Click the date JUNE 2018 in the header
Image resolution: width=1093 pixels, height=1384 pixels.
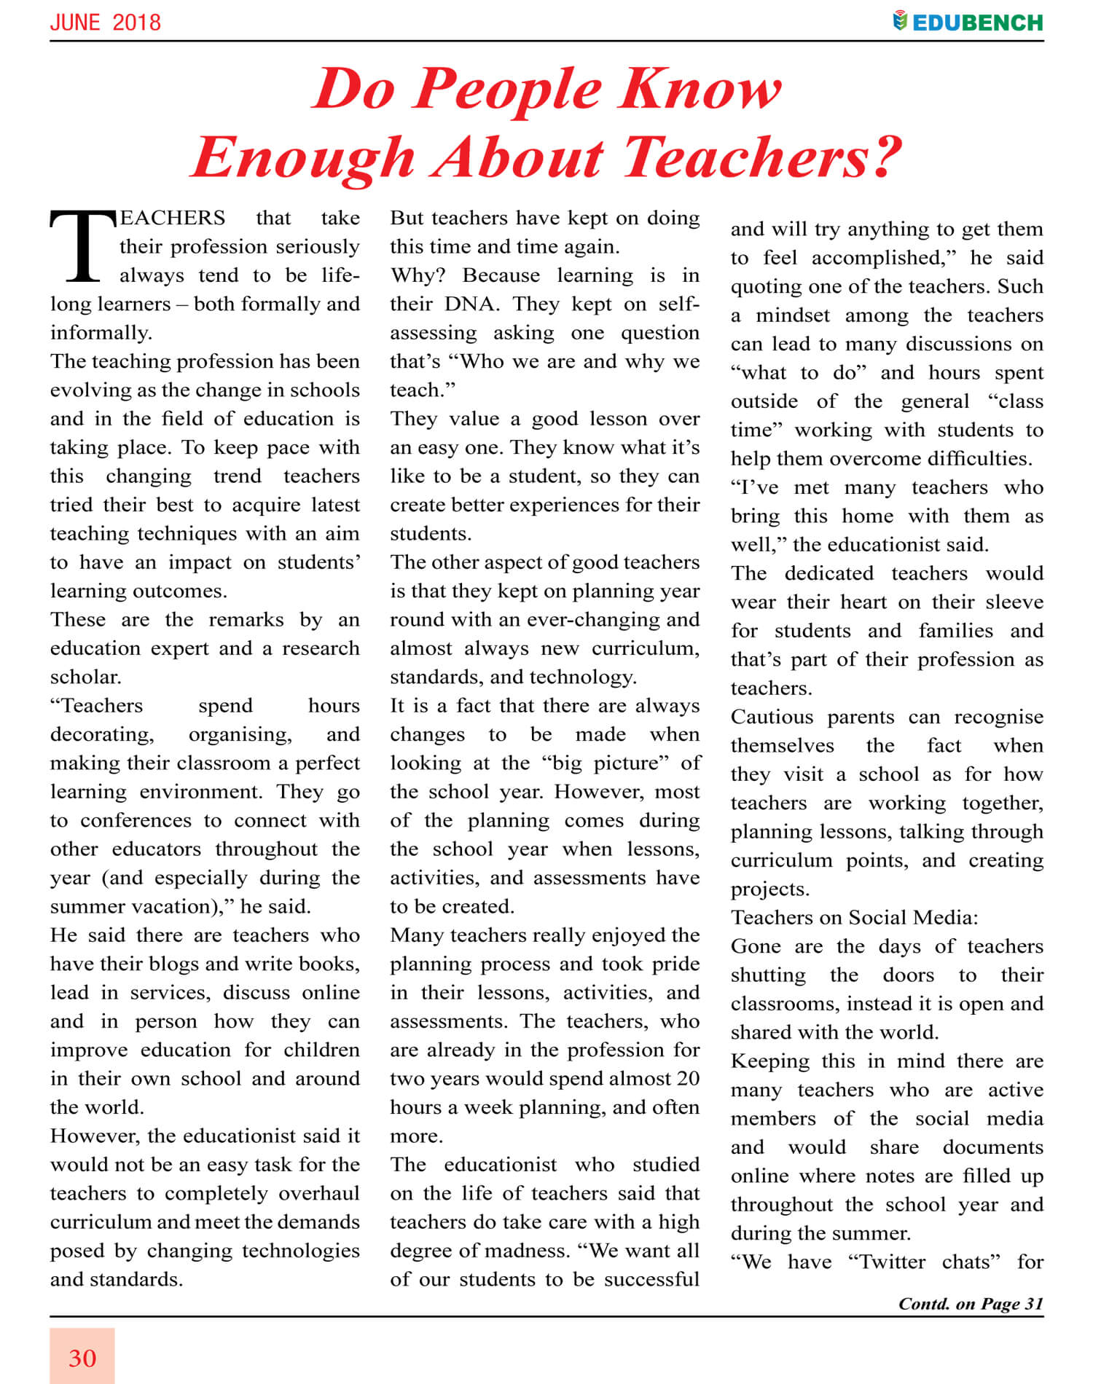106,23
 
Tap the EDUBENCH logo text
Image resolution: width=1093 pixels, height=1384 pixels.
977,23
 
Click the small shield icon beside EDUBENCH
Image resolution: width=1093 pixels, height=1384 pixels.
900,21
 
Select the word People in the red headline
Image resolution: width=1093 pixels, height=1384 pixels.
509,90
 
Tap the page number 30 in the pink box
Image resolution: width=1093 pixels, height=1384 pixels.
82,1358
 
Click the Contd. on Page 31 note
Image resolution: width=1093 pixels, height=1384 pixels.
971,1303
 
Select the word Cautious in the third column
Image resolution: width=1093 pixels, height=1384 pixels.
772,717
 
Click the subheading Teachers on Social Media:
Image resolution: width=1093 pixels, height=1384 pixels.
855,917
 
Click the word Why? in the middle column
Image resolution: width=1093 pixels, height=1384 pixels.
418,275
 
